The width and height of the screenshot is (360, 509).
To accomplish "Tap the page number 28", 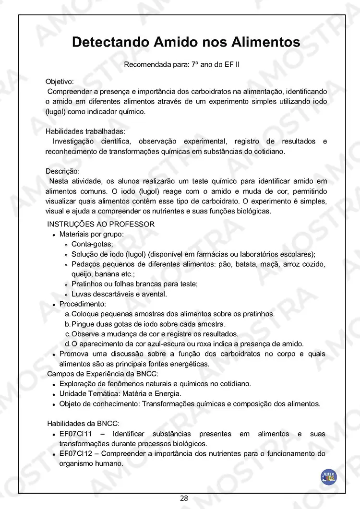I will (x=184, y=498).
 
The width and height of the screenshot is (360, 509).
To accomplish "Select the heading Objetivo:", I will (x=60, y=82).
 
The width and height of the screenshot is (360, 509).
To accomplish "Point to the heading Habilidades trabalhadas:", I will (x=85, y=131).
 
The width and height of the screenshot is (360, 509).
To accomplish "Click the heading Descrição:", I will (x=62, y=171).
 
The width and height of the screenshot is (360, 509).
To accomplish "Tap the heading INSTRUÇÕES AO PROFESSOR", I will (x=101, y=224).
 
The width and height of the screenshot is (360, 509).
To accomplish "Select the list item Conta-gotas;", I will (x=92, y=244).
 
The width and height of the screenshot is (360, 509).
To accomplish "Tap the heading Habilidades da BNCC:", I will (x=83, y=424).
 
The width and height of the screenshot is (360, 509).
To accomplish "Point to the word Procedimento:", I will (x=83, y=304).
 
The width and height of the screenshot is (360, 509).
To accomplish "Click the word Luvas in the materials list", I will (x=81, y=294).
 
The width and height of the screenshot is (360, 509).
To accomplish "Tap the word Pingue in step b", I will (x=83, y=324).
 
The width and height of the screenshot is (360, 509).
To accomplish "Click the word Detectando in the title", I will (x=110, y=42).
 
